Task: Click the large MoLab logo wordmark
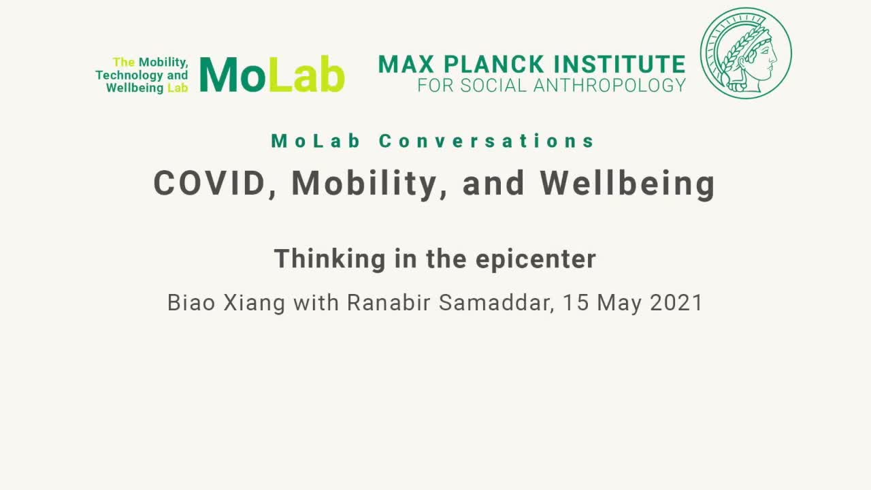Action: (272, 74)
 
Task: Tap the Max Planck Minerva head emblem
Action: (746, 53)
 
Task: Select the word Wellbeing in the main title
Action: (627, 185)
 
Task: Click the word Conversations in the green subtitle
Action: (487, 141)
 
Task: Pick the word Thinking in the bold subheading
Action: (330, 259)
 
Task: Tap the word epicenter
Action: (536, 260)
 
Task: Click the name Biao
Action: (191, 303)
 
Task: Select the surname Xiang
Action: (254, 304)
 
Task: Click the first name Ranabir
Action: (389, 303)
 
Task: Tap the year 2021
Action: (676, 303)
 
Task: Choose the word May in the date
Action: (619, 304)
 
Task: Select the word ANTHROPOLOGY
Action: (609, 86)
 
